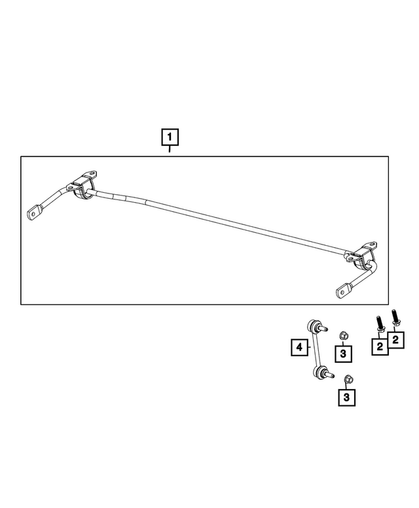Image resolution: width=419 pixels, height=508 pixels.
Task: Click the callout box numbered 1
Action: (170, 137)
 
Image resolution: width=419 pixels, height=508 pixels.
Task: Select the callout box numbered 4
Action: (299, 348)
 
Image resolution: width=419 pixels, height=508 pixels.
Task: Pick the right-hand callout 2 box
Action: (396, 339)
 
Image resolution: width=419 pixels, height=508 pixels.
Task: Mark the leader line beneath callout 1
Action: (170, 150)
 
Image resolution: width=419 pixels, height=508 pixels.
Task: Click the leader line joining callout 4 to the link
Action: (309, 348)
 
